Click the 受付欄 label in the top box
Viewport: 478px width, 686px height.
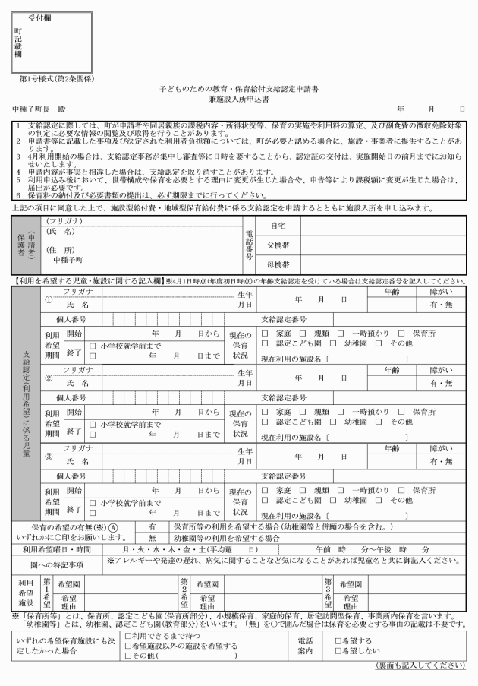(x=40, y=14)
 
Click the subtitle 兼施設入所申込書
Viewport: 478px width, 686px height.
(x=238, y=100)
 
